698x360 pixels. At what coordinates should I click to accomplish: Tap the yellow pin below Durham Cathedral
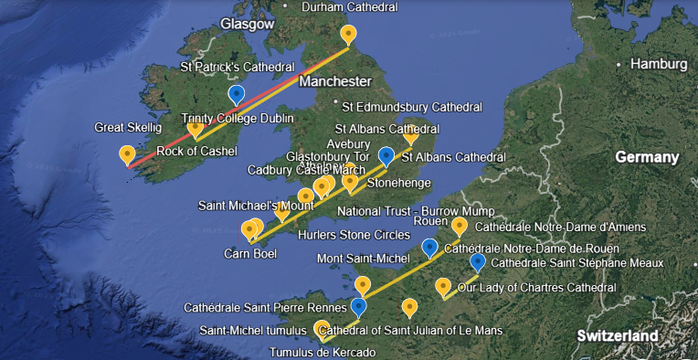348,35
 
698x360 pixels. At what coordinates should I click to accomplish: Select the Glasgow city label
248,25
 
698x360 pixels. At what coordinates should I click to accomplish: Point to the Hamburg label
657,64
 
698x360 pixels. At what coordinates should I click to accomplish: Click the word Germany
648,157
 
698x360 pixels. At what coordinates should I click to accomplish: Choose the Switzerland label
617,336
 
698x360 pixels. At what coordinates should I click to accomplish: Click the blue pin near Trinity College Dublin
237,95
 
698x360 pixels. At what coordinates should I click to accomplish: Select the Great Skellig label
128,127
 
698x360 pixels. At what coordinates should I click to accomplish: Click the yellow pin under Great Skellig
127,154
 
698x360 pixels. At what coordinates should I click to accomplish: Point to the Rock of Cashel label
196,151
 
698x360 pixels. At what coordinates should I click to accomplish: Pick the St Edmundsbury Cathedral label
412,107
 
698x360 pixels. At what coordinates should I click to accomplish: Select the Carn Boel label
250,253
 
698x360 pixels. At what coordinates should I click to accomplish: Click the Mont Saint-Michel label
361,259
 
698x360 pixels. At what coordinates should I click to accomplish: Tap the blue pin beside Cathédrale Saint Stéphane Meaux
477,263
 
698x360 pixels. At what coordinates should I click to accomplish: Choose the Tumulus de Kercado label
322,352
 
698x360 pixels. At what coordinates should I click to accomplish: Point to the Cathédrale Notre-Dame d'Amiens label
561,227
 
